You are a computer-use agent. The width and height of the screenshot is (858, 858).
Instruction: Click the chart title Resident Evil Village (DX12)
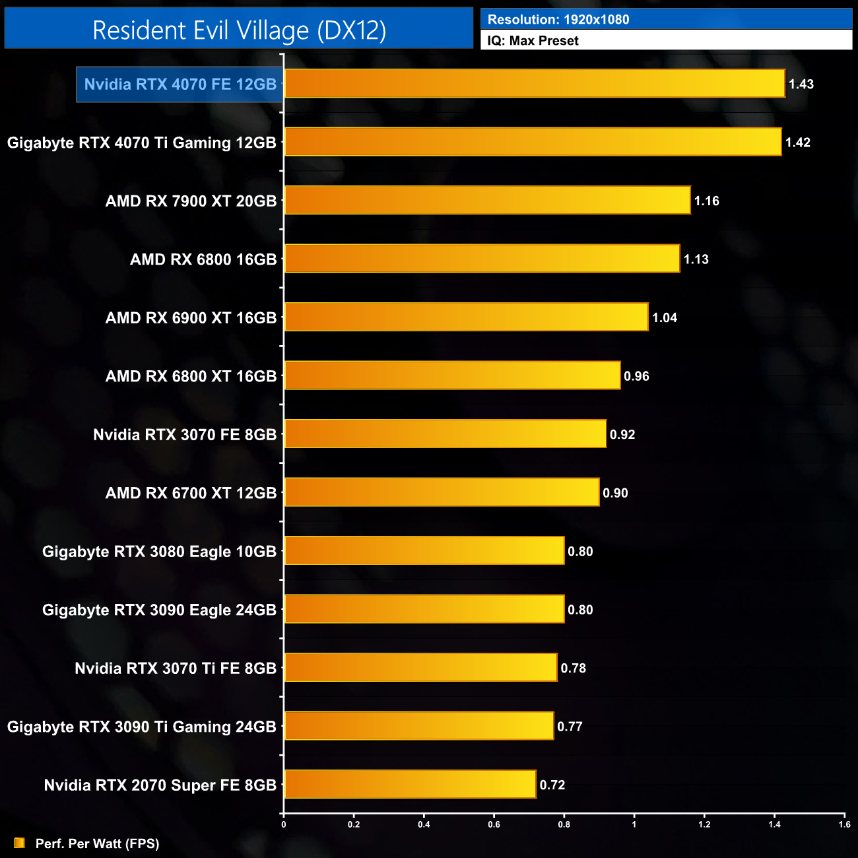[x=239, y=30]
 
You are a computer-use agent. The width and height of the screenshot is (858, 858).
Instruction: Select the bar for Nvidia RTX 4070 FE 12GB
[x=535, y=84]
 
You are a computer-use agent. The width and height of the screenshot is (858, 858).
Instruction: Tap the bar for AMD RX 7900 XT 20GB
[x=487, y=201]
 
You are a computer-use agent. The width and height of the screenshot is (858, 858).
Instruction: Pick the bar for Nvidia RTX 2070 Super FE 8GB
[x=410, y=785]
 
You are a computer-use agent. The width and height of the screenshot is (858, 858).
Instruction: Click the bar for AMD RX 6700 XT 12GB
[x=442, y=493]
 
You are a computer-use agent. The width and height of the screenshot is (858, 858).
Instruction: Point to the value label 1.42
[x=797, y=143]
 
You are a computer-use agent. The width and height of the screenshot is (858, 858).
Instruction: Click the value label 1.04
[x=665, y=318]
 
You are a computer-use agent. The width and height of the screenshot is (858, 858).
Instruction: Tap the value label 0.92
[x=622, y=435]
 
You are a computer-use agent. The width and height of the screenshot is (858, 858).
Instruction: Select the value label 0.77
[x=570, y=727]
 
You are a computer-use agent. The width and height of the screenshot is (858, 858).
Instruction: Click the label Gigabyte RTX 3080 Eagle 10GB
[x=159, y=552]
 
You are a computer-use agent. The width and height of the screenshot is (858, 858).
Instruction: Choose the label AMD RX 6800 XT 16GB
[x=191, y=376]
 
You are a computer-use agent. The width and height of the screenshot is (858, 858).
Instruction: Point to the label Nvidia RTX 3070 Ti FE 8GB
[x=175, y=669]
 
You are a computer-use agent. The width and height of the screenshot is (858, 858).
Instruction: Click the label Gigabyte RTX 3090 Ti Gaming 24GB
[x=141, y=727]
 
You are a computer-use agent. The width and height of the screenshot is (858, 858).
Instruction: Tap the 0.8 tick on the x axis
[x=564, y=824]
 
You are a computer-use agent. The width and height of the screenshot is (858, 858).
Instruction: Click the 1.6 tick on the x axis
[x=844, y=824]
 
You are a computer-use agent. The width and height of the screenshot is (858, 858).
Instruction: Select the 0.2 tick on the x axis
[x=354, y=824]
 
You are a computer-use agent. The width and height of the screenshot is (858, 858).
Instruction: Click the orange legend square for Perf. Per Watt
[x=20, y=843]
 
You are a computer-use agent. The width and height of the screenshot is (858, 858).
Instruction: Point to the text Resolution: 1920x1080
[x=558, y=20]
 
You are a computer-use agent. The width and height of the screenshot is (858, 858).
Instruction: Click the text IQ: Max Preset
[x=533, y=41]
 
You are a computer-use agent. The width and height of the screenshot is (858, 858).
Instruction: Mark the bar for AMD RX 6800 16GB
[x=482, y=259]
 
